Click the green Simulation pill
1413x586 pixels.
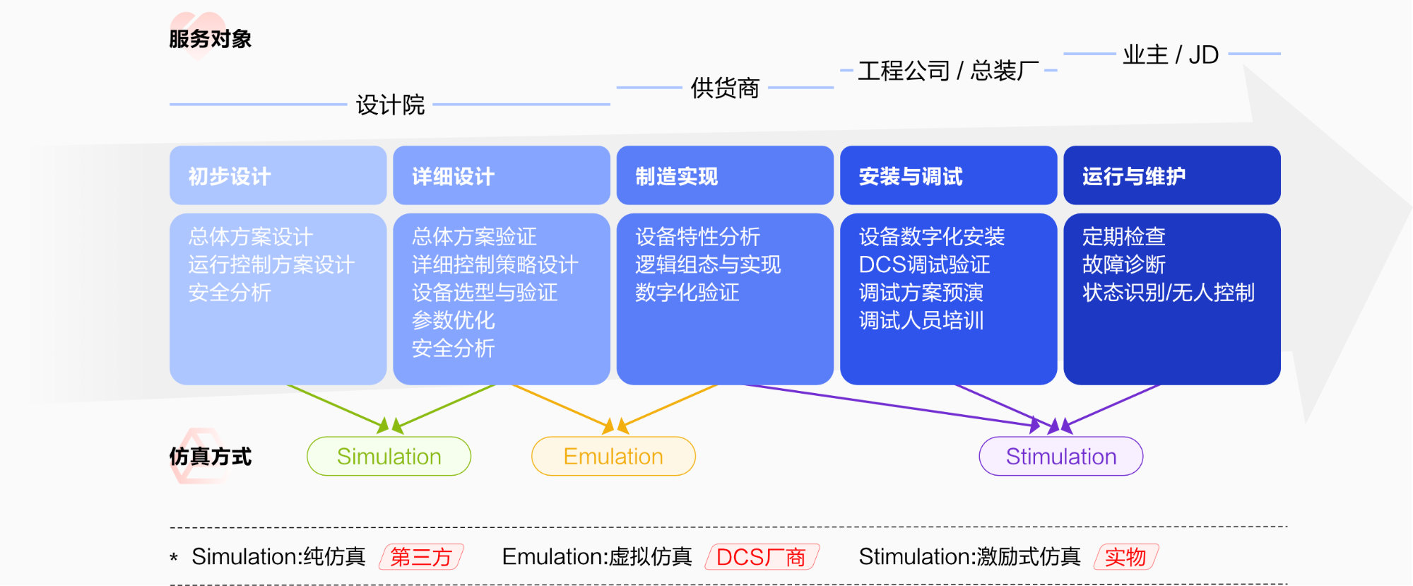pos(389,457)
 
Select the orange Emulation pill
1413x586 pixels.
pos(613,457)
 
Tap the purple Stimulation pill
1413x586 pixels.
pos(1060,457)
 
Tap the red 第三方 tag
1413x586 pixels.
pos(421,557)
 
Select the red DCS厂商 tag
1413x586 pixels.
pos(762,557)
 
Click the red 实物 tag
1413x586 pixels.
pos(1125,557)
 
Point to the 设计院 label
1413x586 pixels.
pos(390,105)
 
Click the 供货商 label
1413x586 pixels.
pos(725,88)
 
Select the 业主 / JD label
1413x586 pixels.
pos(1171,54)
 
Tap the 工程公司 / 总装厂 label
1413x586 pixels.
pos(948,71)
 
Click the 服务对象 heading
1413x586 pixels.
pos(210,39)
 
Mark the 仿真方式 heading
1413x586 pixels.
pos(210,457)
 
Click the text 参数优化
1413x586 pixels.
pos(453,320)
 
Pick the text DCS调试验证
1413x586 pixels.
pos(924,264)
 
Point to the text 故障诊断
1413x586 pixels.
pos(1123,264)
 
